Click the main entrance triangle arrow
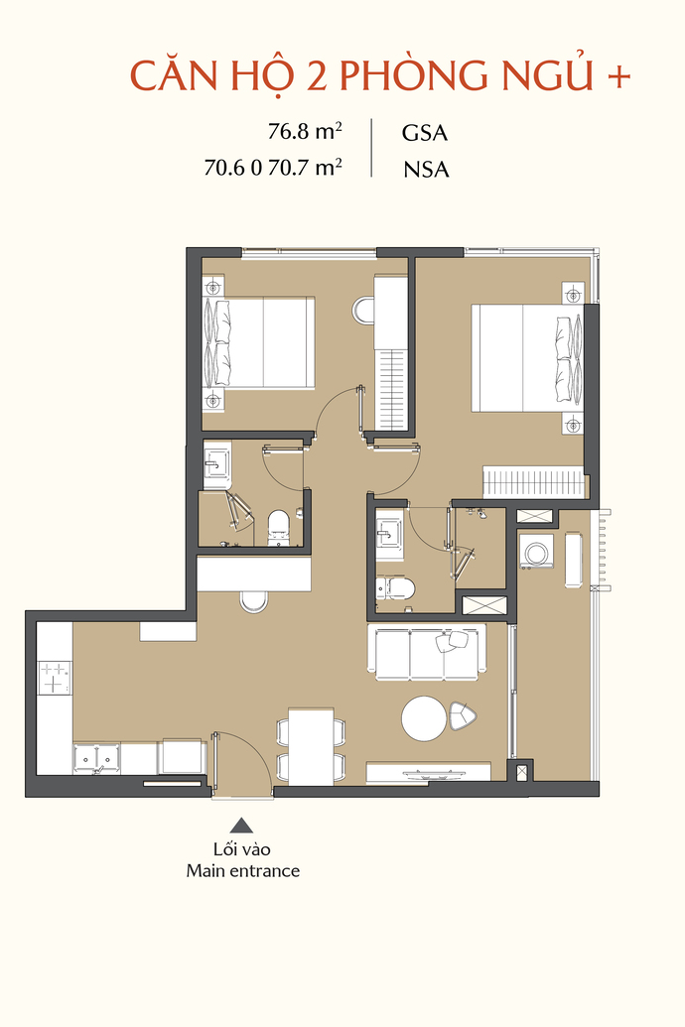[241, 825]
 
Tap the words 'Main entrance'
[243, 871]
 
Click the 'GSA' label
[425, 133]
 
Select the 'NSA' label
[426, 170]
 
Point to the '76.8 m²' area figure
[305, 131]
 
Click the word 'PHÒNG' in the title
[414, 75]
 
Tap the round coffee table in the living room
[424, 718]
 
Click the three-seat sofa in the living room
[427, 652]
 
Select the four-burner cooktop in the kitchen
[55, 678]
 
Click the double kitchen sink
[96, 758]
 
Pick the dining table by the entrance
[312, 746]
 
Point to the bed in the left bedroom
[259, 342]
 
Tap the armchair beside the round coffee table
[463, 715]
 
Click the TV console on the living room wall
[428, 772]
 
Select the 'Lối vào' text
[242, 849]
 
